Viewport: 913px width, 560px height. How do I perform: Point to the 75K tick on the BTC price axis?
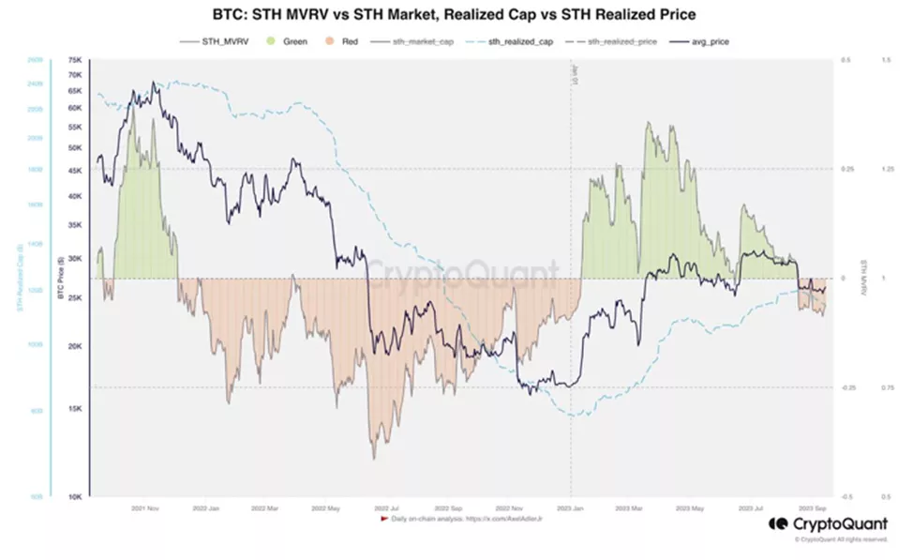point(76,60)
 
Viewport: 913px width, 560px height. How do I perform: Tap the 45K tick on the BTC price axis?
point(76,170)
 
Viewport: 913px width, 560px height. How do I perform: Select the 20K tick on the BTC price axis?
point(76,345)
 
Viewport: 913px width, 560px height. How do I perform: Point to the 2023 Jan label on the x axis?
point(570,508)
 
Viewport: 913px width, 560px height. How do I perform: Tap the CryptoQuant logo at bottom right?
point(826,524)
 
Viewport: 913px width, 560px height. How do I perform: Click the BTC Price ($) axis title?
point(60,279)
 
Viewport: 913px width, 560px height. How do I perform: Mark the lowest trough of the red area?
point(373,458)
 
